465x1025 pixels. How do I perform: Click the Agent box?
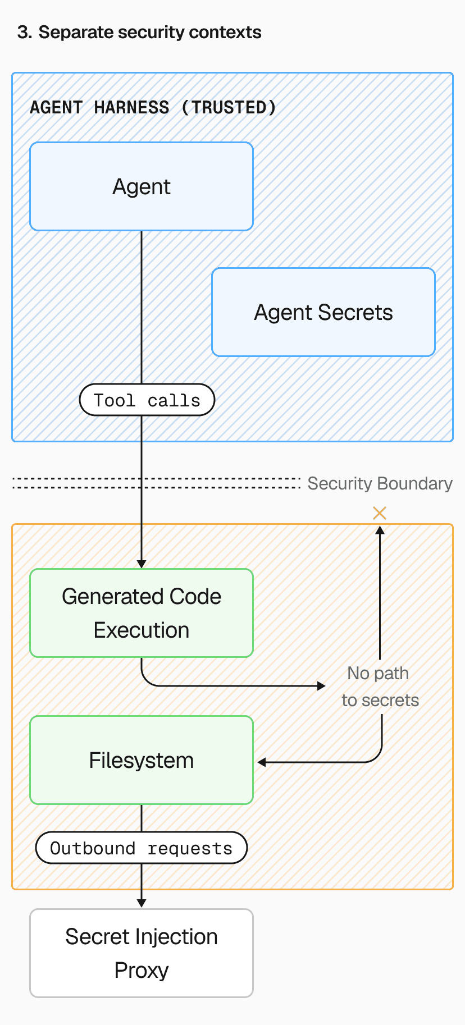click(142, 186)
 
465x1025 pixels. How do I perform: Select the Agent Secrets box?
click(323, 312)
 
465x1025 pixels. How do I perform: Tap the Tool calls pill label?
click(147, 400)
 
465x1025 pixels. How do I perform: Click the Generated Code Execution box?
click(142, 613)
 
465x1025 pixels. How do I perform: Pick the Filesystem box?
click(142, 760)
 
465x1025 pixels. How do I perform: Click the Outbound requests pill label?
click(142, 848)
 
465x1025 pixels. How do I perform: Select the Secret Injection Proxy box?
click(142, 953)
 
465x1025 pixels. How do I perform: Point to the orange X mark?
click(380, 512)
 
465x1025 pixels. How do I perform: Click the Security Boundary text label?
click(380, 483)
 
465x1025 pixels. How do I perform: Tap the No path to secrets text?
click(380, 687)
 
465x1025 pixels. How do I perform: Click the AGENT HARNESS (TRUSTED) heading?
click(153, 107)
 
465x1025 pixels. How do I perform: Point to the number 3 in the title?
click(22, 33)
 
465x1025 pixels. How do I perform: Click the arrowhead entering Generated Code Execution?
click(142, 564)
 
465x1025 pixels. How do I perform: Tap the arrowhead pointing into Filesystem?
click(262, 762)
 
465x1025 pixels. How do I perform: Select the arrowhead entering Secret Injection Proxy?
click(142, 903)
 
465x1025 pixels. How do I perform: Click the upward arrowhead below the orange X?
click(380, 530)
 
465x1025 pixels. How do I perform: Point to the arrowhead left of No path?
click(321, 685)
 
